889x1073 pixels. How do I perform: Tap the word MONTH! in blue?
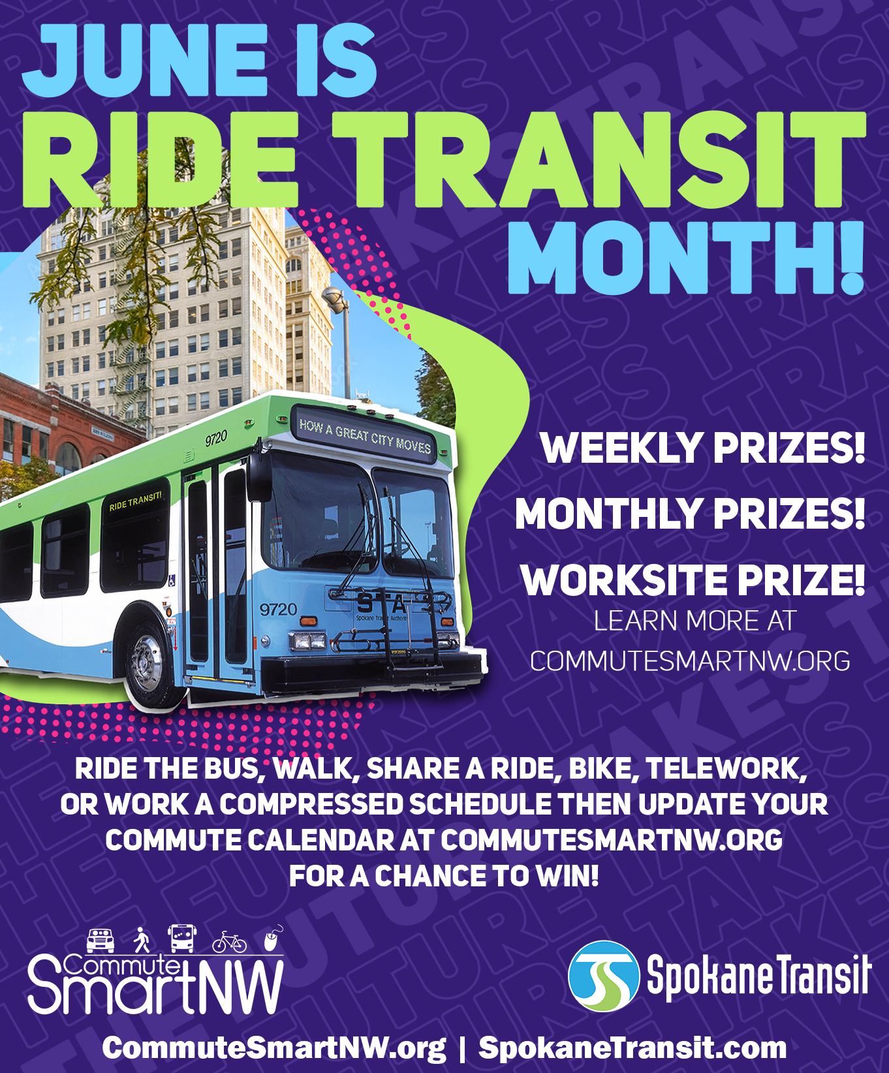tap(685, 258)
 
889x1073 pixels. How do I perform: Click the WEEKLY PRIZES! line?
tap(702, 448)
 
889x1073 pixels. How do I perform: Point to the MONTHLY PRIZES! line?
tap(689, 514)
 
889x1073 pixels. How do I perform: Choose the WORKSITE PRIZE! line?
tap(692, 580)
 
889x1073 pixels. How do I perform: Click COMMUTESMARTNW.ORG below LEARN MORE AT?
tap(690, 661)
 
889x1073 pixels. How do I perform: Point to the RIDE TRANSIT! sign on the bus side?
tap(135, 502)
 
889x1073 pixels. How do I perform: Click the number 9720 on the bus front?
tap(278, 609)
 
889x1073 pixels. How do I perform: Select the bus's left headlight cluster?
tap(307, 640)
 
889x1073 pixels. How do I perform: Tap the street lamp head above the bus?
tap(335, 298)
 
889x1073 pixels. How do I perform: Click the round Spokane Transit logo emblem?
tap(603, 976)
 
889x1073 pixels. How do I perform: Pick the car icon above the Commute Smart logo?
tap(101, 940)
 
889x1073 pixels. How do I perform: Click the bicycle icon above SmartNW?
tap(229, 942)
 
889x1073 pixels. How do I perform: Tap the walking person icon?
tap(141, 940)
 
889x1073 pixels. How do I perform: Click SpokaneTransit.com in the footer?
tap(632, 1048)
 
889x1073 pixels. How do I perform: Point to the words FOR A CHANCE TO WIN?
tap(444, 876)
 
